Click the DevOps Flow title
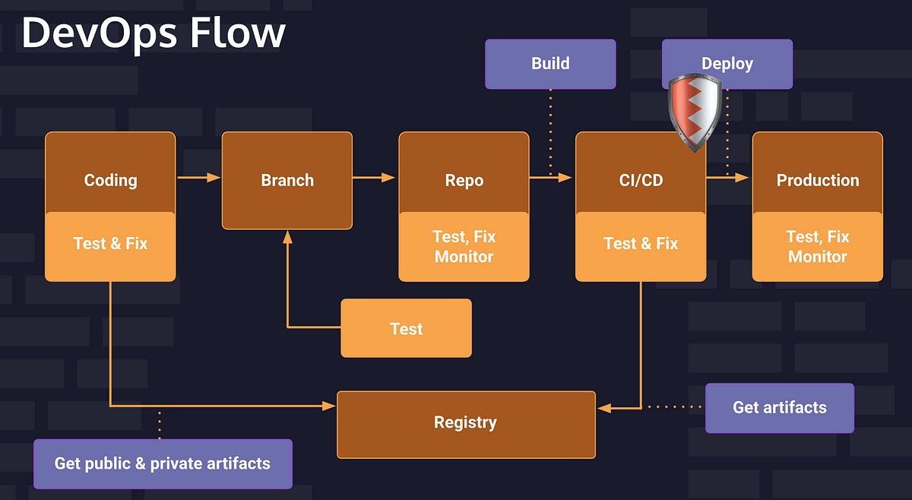[153, 33]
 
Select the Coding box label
[110, 180]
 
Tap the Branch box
[287, 180]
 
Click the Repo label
[464, 180]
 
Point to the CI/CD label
[641, 180]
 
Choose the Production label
[817, 180]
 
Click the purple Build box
[550, 64]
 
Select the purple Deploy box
[727, 64]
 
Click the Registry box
[466, 423]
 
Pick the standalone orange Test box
[406, 328]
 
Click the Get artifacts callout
[779, 408]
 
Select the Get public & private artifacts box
[163, 464]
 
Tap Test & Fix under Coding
[110, 244]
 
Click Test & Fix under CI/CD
[641, 244]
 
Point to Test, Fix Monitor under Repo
[464, 247]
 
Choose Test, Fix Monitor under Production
[817, 247]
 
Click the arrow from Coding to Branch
[198, 178]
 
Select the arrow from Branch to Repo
[375, 178]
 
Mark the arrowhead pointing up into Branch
[287, 236]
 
